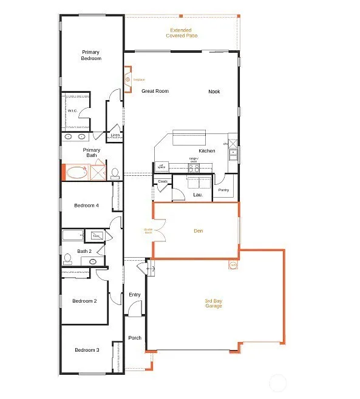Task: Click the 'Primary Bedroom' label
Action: click(x=91, y=55)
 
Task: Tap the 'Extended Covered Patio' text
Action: click(x=182, y=33)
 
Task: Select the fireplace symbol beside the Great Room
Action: click(x=127, y=79)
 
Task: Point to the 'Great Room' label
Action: click(x=155, y=92)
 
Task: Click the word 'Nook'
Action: click(x=214, y=92)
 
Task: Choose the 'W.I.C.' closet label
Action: click(x=72, y=111)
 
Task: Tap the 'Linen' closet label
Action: click(x=115, y=135)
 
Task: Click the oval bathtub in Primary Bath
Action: click(x=76, y=173)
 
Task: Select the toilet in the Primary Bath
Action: click(x=114, y=173)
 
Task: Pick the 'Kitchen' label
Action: click(x=206, y=151)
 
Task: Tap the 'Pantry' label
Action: click(x=223, y=190)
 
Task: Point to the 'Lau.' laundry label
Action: click(x=197, y=195)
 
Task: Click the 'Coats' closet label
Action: click(x=162, y=181)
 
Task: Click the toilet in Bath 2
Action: click(x=68, y=260)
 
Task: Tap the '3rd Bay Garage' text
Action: click(x=213, y=303)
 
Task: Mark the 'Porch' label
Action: click(x=134, y=338)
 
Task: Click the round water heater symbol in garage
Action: click(x=233, y=265)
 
